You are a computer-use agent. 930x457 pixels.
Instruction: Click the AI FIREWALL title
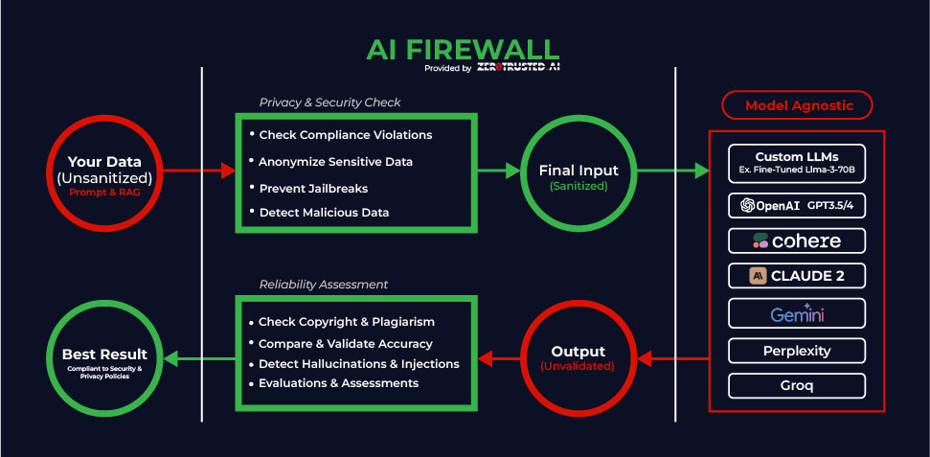point(464,51)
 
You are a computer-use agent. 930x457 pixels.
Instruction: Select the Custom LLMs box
point(797,163)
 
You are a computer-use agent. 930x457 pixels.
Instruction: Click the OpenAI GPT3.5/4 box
point(797,205)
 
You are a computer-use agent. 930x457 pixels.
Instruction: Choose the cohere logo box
point(797,240)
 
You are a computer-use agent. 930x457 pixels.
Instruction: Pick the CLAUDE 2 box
point(797,277)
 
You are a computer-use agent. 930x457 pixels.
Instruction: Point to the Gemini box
point(797,313)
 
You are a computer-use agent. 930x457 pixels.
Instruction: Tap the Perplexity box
point(797,351)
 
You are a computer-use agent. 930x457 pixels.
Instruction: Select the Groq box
point(797,386)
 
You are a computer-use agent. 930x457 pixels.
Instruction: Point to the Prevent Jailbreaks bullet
point(312,188)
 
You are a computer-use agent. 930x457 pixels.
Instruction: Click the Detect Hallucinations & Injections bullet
point(358,364)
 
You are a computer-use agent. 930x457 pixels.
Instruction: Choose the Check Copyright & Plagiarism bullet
point(346,322)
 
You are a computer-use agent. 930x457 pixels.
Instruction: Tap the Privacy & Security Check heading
point(329,103)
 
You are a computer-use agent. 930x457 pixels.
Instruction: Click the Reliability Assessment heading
point(324,285)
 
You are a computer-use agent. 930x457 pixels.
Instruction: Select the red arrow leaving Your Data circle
point(197,171)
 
